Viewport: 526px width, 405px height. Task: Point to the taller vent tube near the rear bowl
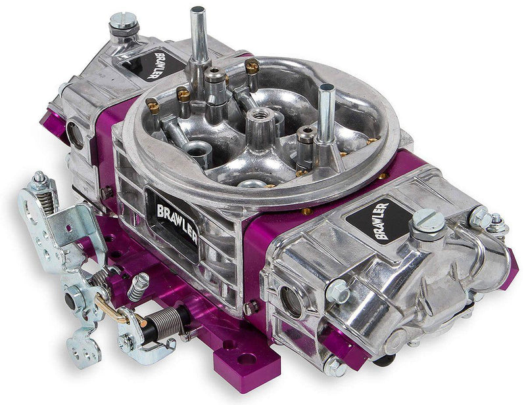tap(198, 39)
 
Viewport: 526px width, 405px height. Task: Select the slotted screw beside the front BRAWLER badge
tap(427, 223)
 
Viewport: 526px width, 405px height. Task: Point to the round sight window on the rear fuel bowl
tap(75, 134)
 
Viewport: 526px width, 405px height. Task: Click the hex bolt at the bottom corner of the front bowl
tap(335, 368)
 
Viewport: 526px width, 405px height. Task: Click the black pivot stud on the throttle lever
tap(70, 304)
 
